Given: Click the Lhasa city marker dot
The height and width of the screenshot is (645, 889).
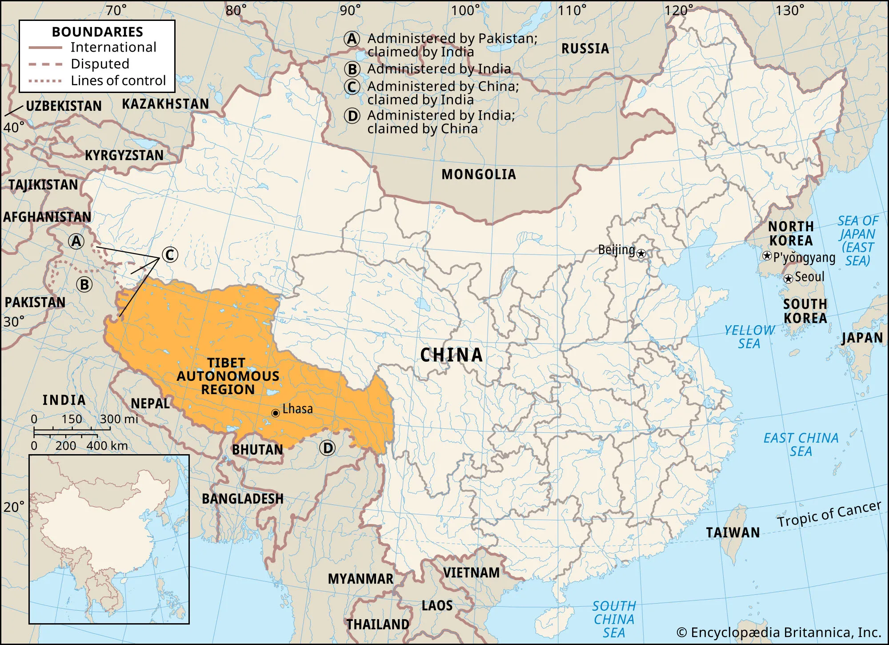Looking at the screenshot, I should (276, 413).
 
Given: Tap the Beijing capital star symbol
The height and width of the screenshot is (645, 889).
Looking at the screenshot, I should (641, 254).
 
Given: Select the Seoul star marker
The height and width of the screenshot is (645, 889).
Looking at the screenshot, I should (788, 279).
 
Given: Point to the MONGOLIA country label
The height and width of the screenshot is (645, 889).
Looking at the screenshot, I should (479, 174).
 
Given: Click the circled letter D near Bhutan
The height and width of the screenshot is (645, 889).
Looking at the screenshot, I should (328, 448).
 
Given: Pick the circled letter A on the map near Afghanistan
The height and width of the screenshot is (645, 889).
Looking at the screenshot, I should (76, 241).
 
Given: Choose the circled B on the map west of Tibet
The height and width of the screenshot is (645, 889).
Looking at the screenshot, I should (84, 284).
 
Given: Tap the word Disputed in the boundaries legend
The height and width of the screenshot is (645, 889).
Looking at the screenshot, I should (100, 64).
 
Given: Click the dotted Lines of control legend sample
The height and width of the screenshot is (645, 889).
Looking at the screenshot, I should (45, 81).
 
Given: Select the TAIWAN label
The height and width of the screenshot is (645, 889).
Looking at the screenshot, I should (733, 532).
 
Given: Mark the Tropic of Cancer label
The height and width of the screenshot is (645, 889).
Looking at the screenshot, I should (829, 514).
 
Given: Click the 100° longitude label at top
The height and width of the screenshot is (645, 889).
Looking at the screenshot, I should (465, 10).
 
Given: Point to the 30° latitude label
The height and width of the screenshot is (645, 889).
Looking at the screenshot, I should (14, 321).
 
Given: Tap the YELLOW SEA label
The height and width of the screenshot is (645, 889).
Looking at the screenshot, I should (749, 337).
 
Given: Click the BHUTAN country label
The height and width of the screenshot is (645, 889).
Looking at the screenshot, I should (257, 450).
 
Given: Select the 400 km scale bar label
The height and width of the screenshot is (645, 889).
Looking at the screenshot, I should (107, 446).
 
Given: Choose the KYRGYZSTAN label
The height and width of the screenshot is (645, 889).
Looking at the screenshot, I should (124, 155).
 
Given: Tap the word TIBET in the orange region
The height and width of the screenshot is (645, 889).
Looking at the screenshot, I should (226, 363).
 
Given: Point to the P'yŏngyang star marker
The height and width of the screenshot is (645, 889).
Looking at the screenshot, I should (767, 256).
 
